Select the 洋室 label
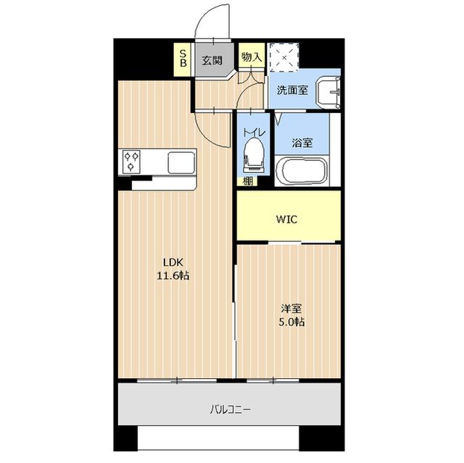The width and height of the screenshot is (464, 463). click(x=289, y=307)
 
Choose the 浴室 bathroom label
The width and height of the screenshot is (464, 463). click(x=302, y=143)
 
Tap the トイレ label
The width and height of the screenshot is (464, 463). click(x=253, y=133)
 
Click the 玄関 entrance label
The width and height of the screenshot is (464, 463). click(x=212, y=60)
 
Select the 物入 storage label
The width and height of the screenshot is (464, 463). click(x=252, y=57)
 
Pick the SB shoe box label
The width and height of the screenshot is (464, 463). click(x=183, y=58)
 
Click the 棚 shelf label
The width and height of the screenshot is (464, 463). click(x=248, y=182)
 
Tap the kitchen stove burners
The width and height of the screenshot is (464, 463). click(x=132, y=161)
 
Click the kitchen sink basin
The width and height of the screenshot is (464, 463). click(x=181, y=162)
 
